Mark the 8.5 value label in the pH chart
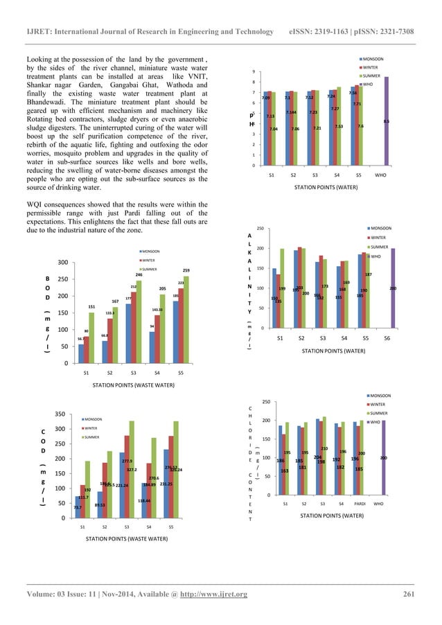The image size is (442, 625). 386,121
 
